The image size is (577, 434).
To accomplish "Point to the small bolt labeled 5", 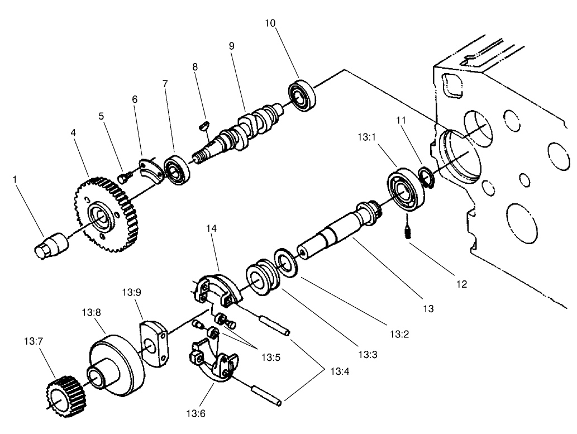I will (124, 178).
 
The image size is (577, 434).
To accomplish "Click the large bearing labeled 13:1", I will (402, 190).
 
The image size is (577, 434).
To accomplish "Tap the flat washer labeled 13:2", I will (286, 262).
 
